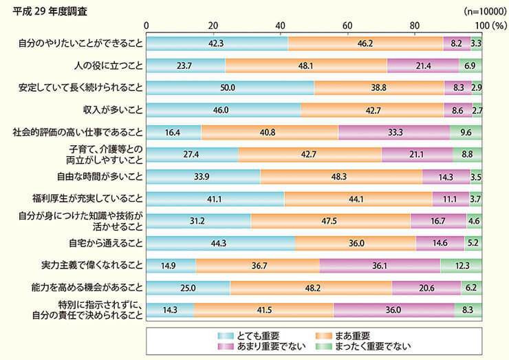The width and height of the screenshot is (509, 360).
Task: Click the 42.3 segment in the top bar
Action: (217, 43)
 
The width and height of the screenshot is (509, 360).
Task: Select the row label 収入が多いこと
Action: (111, 109)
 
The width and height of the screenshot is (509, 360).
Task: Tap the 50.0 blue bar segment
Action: (230, 88)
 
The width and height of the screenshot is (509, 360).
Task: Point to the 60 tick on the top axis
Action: (347, 25)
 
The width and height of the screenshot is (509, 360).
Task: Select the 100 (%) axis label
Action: (488, 25)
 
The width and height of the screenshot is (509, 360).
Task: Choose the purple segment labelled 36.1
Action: (380, 265)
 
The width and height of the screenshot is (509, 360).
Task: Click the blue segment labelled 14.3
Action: (170, 310)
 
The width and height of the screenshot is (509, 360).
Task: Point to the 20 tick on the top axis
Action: (213, 25)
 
